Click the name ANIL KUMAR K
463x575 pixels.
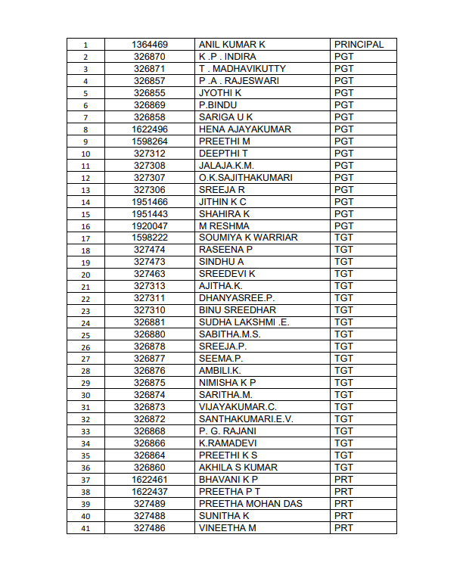228,45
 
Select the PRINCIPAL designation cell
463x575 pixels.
359,45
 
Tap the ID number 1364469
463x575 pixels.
150,45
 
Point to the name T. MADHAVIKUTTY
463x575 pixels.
242,69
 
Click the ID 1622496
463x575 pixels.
150,129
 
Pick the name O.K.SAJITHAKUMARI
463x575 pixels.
245,178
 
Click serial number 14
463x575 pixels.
85,202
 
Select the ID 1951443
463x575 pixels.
150,214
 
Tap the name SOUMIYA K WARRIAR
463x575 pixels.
248,238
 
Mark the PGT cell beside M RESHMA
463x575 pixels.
343,225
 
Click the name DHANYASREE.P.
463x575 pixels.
236,298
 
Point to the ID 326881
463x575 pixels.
150,322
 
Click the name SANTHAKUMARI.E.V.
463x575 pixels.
245,419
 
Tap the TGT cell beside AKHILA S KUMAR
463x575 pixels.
343,468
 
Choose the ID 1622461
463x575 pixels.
150,480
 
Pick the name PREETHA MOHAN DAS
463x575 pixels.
249,504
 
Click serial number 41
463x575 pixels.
85,528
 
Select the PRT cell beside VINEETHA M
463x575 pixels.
343,528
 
